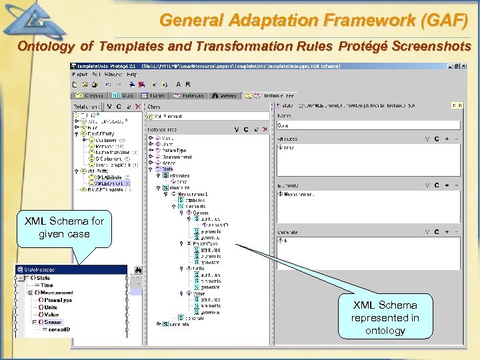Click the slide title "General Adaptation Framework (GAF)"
pos(313,20)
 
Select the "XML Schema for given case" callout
pos(64,227)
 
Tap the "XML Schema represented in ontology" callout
pos(385,317)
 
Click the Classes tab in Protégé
pos(90,95)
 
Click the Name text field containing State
pos(369,125)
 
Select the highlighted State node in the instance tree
pos(167,169)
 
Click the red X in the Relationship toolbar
pos(138,107)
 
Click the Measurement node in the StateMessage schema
pos(56,293)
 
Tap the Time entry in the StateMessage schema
pos(47,285)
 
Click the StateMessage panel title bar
pos(70,270)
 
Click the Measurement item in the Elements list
pos(300,195)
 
